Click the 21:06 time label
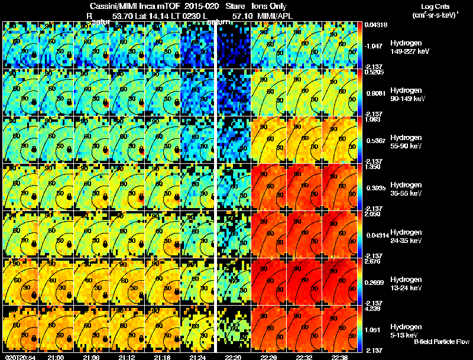[x=91, y=357]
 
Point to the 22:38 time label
[x=339, y=357]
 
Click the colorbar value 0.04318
[x=377, y=25]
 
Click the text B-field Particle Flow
[x=440, y=342]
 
